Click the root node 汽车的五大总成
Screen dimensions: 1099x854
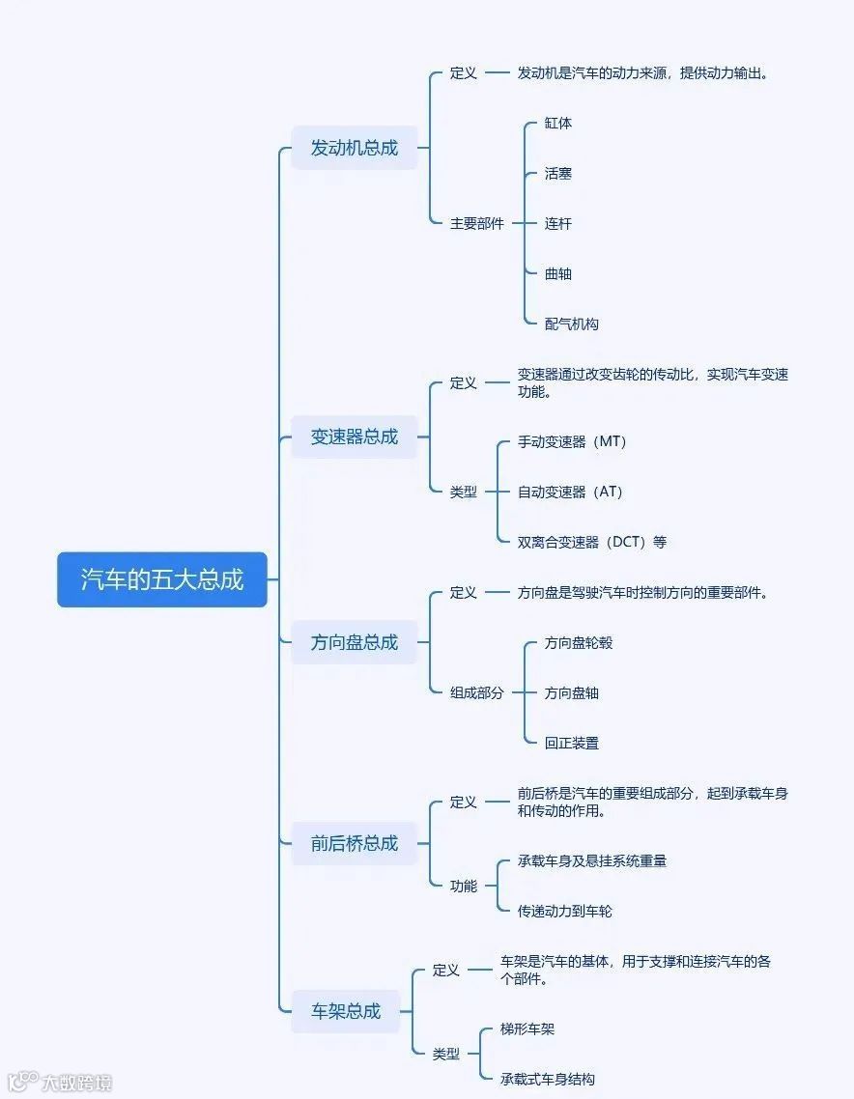point(161,579)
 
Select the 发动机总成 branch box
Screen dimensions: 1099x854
point(354,148)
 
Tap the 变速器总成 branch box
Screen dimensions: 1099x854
point(354,437)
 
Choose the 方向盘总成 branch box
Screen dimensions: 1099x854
point(354,642)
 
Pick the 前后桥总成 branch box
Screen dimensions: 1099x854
point(354,843)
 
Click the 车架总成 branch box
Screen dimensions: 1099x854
point(345,1011)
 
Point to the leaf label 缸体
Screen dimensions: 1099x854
point(557,124)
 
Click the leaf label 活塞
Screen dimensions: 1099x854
point(557,174)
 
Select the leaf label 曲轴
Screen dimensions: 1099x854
point(557,274)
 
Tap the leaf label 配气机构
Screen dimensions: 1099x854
point(571,324)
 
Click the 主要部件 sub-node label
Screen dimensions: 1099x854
point(476,224)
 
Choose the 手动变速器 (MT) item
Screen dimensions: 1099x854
point(572,442)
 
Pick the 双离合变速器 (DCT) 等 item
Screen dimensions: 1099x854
point(591,542)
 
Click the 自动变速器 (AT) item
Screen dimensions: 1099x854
point(570,493)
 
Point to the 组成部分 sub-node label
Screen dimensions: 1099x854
point(476,692)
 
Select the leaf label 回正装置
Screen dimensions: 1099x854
point(571,744)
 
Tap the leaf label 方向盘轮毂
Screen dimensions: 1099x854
point(578,643)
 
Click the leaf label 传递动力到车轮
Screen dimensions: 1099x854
point(564,911)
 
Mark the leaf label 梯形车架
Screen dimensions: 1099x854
point(527,1029)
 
